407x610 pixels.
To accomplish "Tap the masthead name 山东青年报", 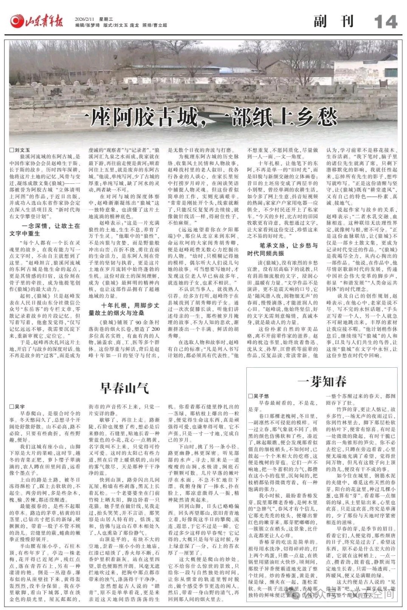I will tap(44, 21).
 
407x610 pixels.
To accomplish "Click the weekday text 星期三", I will tap(106, 19).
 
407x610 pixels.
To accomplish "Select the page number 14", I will tap(385, 22).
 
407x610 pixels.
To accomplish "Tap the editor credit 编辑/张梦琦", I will tap(87, 25).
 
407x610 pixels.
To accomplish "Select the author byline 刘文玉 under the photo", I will tap(22, 150).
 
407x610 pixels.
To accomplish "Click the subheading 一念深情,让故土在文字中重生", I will tap(45, 230).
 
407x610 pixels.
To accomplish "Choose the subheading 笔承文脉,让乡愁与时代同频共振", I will tap(282, 249).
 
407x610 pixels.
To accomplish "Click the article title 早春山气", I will tap(124, 386).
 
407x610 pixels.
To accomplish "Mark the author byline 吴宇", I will tap(20, 407).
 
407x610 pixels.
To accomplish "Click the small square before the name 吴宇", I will tap(11, 407).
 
